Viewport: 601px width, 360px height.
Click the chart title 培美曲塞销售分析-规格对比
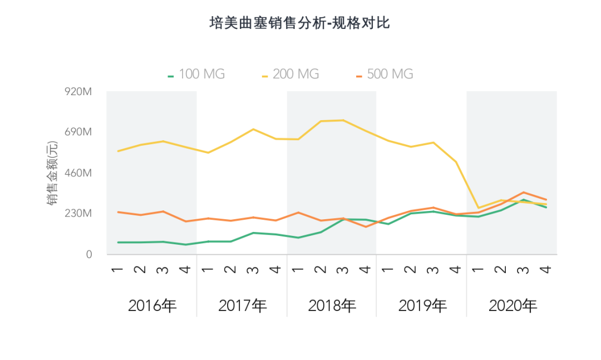300,23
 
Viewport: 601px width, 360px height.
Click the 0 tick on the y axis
88,255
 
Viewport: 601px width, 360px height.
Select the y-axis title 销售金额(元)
52,173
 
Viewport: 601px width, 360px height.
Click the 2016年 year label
152,305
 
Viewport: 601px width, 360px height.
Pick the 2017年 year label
242,305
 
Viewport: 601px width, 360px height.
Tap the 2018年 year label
332,305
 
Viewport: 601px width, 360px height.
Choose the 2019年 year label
422,305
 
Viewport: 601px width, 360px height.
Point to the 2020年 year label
513,305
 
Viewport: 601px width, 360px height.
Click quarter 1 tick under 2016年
118,269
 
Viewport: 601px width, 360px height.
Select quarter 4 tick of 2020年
546,269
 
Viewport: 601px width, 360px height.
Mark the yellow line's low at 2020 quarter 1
478,208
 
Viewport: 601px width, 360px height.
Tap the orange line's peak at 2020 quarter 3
523,192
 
